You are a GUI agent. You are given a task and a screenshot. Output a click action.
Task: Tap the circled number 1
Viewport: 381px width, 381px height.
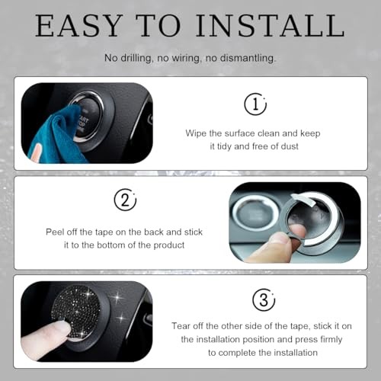255,104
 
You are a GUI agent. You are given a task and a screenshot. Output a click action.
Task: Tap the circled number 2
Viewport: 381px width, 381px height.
124,200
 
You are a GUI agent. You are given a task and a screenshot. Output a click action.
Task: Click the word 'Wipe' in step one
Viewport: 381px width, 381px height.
197,133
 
